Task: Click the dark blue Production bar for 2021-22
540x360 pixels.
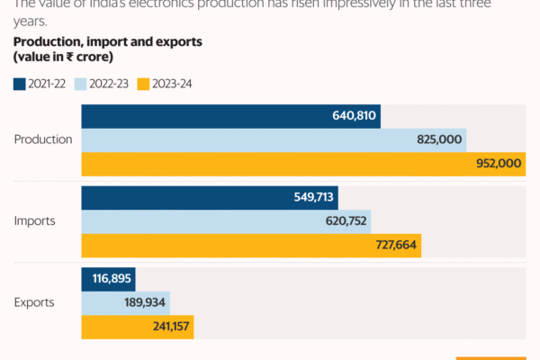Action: point(230,116)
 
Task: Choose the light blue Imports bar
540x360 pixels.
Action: point(226,220)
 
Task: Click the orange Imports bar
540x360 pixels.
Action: point(251,245)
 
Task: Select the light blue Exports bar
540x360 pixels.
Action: point(126,302)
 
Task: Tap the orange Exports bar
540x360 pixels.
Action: point(138,326)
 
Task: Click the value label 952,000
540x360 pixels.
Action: point(497,164)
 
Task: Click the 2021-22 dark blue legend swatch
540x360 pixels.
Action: point(20,85)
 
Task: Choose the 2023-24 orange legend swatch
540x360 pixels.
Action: point(143,85)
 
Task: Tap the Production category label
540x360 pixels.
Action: point(43,139)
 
